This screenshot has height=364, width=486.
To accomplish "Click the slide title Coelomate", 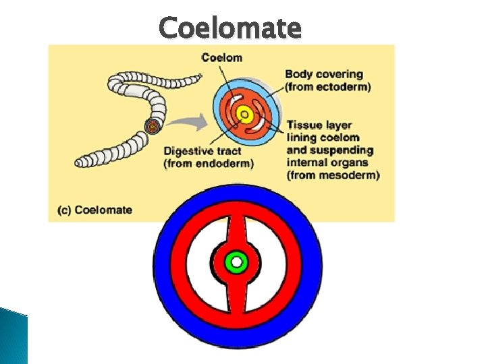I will point(230,28).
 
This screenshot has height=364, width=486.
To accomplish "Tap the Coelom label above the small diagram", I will point(221,57).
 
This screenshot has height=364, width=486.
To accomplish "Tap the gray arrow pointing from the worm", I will point(185,123).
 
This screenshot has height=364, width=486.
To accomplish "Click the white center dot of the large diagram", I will point(237,261).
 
